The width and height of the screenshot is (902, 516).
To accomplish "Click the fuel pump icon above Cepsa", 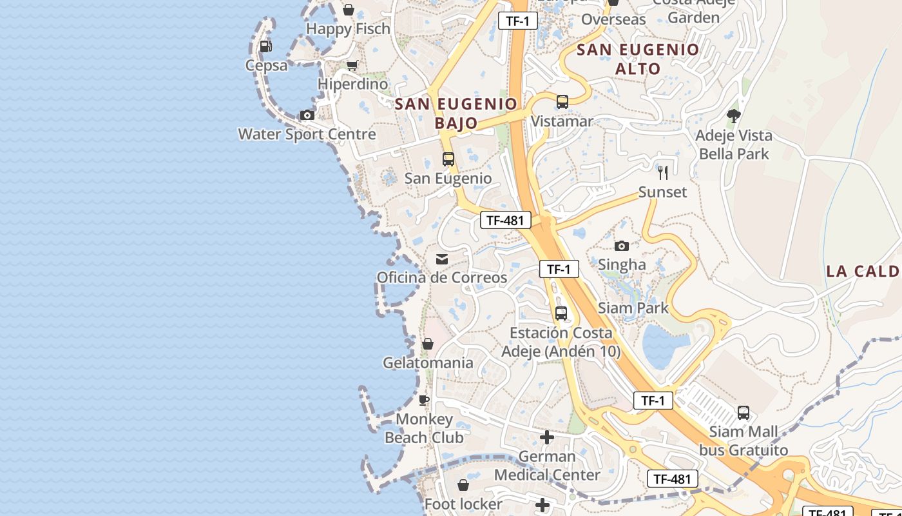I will (x=265, y=46).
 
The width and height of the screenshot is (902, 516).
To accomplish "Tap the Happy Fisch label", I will (x=348, y=29).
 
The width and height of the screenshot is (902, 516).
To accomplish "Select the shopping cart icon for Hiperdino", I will (x=352, y=66).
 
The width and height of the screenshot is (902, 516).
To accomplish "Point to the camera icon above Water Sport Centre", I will (x=307, y=115).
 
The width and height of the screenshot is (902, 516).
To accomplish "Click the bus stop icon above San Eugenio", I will (x=448, y=159).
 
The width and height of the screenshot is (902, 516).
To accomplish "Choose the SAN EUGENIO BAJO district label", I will (x=456, y=113).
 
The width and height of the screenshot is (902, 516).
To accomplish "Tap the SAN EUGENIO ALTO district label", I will (x=638, y=59).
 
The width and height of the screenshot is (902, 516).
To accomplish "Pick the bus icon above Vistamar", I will (x=562, y=102).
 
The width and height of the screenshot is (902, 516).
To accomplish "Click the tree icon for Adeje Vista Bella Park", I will (x=733, y=117).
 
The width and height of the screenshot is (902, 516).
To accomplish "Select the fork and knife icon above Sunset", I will (x=663, y=173).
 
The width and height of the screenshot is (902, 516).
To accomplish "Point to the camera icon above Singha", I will (x=622, y=246).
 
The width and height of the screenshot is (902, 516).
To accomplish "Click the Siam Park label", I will (x=633, y=308).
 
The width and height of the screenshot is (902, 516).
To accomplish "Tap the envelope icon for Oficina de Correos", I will (x=442, y=259).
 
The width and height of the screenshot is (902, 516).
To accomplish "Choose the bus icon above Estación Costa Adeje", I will (x=561, y=314).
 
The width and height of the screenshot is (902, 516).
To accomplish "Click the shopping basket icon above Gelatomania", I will (x=428, y=344).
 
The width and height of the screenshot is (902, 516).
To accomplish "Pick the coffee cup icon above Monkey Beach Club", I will (x=424, y=401).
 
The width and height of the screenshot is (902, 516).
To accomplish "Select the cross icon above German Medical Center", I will (x=547, y=438).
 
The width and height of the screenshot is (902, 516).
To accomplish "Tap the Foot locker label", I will (x=463, y=504).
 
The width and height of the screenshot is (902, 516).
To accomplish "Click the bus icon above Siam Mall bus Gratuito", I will (x=744, y=413).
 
